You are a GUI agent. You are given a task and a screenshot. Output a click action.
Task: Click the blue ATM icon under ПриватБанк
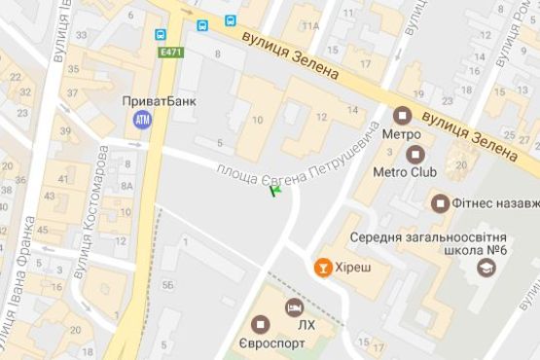tap(143, 119)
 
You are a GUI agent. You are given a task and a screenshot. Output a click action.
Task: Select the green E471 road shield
tap(172, 53)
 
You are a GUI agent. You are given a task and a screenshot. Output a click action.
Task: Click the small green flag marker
tap(274, 192)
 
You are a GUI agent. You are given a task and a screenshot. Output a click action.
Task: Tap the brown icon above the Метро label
tap(401, 114)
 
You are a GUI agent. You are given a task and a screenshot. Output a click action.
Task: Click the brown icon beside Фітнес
tap(439, 203)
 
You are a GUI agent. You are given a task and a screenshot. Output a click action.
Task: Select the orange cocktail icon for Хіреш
tap(320, 266)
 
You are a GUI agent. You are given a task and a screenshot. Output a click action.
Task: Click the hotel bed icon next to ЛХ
tap(292, 306)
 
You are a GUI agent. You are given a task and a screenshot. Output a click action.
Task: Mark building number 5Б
tap(168, 284)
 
